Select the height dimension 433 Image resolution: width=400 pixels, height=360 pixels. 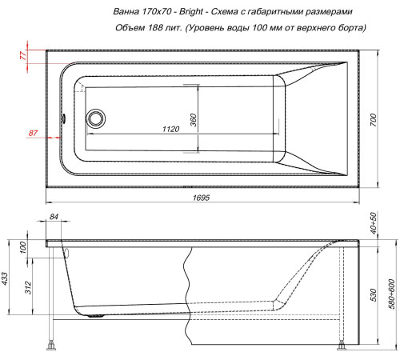pos(6,278)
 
